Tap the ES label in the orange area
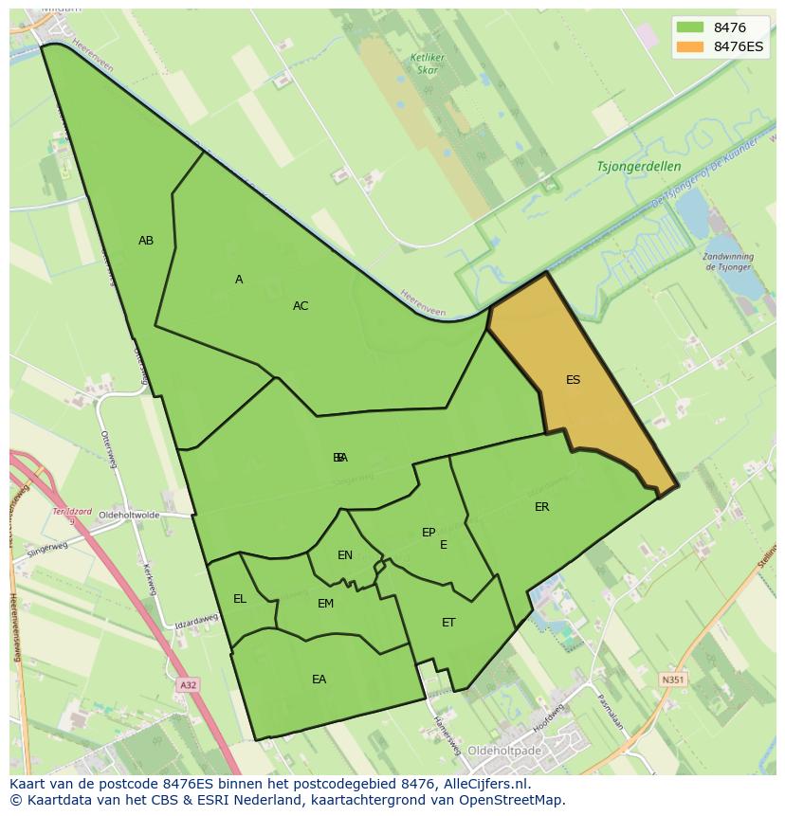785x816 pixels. point(573,380)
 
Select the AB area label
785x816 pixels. point(146,241)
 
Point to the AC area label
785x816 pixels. point(301,306)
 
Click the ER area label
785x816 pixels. point(541,507)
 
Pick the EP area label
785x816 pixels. point(429,533)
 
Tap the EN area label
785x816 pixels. point(345,555)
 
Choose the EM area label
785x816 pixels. point(325,604)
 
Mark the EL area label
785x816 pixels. point(240,599)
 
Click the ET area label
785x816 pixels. point(448,623)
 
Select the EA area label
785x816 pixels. point(319,680)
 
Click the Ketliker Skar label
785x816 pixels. point(428,63)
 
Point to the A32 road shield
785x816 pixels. point(189,684)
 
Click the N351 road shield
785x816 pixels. point(672,680)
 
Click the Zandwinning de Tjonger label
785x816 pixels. point(728,262)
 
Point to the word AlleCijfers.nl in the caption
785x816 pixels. point(484,784)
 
